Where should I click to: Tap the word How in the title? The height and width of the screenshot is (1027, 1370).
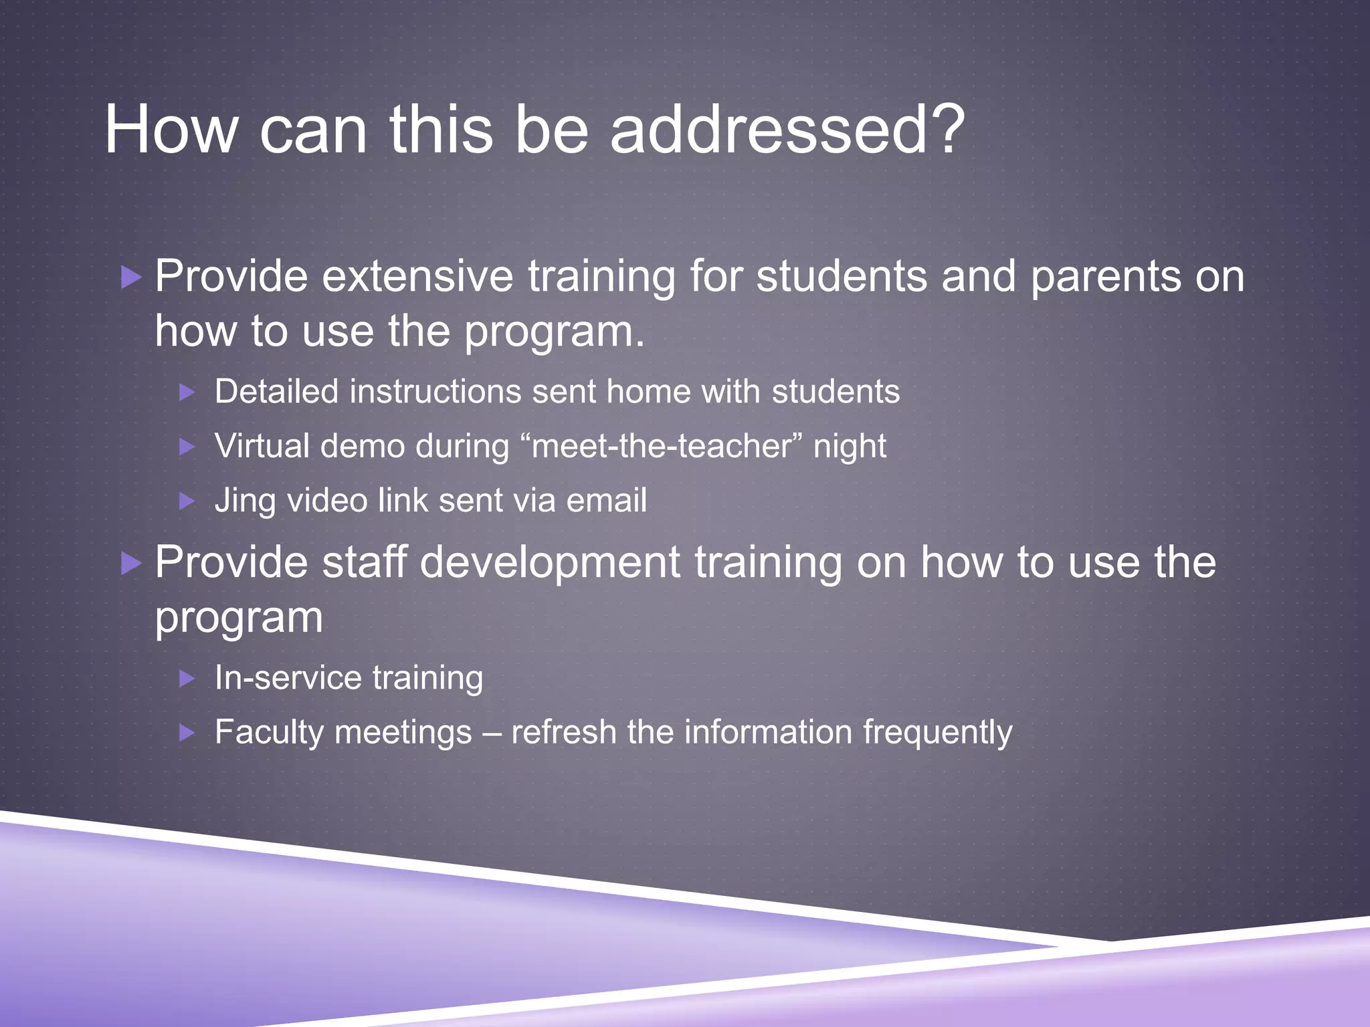point(171,130)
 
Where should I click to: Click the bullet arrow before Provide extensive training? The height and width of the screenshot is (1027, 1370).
point(131,277)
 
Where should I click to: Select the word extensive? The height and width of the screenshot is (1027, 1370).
point(417,275)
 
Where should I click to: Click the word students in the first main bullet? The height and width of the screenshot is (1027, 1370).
point(842,275)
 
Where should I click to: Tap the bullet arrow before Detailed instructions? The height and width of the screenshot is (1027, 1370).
point(187,392)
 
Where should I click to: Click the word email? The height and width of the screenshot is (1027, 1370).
point(606,500)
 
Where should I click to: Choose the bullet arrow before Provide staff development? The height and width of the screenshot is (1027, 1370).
point(131,563)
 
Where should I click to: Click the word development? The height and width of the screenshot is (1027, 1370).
point(550,563)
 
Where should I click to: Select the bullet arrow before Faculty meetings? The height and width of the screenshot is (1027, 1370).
point(187,733)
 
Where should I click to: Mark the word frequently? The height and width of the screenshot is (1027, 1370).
point(937,732)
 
